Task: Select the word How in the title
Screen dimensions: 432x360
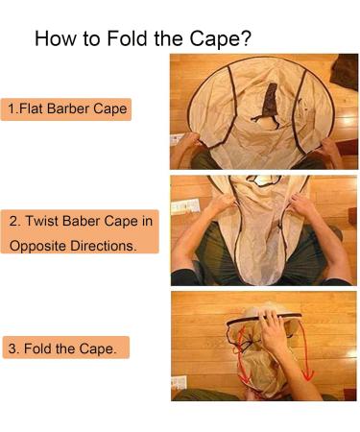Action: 56,39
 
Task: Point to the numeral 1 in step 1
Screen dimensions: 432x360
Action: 12,108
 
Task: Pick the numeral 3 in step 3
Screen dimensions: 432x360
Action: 12,348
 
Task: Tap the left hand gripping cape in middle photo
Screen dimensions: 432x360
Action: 223,204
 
